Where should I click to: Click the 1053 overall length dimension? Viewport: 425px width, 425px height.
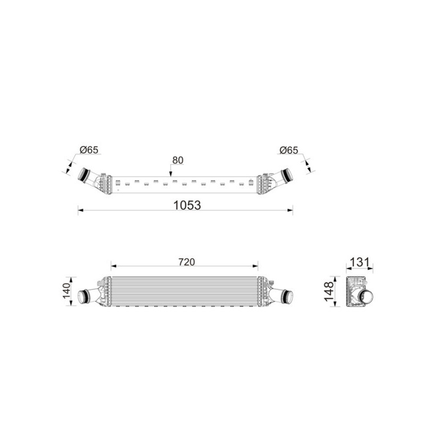click(187, 205)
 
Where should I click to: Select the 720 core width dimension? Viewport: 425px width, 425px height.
click(187, 262)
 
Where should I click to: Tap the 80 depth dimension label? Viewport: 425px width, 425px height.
click(178, 160)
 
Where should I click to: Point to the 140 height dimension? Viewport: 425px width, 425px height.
click(66, 291)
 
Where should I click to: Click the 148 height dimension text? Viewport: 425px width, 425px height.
click(329, 292)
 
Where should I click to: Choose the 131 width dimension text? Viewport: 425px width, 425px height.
click(359, 262)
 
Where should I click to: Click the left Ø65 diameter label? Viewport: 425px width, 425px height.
click(89, 149)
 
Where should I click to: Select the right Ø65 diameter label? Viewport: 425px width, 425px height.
click(289, 150)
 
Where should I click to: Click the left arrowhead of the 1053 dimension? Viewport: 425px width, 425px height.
click(80, 210)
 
